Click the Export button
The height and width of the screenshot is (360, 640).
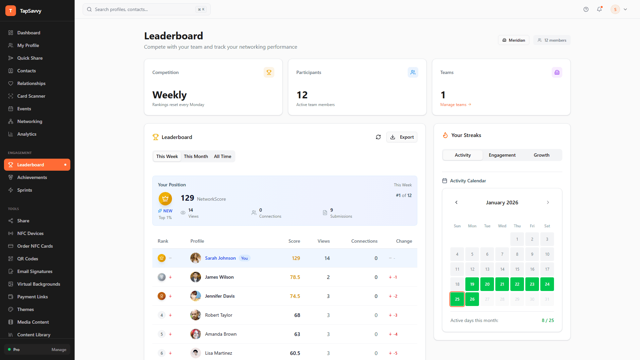coord(402,137)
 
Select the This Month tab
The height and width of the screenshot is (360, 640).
coord(196,156)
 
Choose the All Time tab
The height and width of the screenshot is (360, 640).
coord(222,156)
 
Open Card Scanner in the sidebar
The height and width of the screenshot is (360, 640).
coord(31,96)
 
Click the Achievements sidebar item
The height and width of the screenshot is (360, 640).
coord(32,177)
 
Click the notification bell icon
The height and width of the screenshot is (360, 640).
coord(599,9)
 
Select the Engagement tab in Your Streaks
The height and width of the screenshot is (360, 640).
coord(502,155)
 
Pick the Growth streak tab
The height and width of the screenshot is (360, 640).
coord(541,155)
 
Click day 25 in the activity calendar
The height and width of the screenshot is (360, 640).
coord(457,299)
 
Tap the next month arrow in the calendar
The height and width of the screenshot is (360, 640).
coord(548,202)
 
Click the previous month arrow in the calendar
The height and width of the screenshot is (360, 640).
coord(456,202)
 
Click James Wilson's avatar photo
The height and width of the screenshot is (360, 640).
coord(196,277)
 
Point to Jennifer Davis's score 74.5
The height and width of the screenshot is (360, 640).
coord(295,296)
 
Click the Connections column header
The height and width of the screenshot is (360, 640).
coord(364,241)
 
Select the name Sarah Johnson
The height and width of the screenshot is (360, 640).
coord(220,258)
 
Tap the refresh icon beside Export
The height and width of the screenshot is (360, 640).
coord(378,137)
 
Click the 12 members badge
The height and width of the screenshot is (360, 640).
coord(552,40)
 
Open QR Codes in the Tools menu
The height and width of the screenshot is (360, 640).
coord(28,259)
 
